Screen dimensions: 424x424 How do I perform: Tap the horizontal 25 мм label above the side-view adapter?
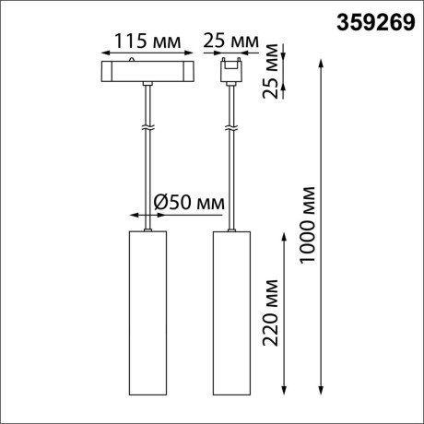(x=230, y=41)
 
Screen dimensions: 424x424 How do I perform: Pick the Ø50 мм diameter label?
(x=189, y=200)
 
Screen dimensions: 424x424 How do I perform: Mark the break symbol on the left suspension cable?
(x=147, y=125)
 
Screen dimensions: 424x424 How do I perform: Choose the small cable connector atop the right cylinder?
(x=232, y=229)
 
